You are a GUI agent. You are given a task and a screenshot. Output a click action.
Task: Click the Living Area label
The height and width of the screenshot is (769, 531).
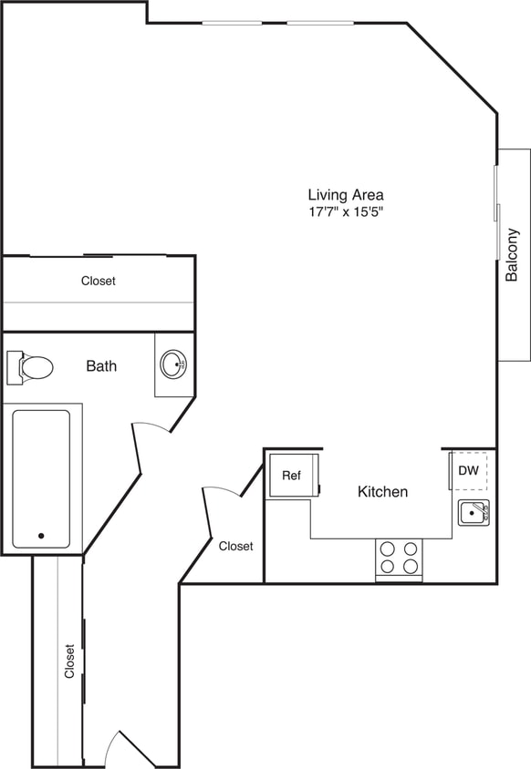[x=345, y=194]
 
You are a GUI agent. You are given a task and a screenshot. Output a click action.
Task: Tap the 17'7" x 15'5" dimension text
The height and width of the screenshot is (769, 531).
[x=345, y=212]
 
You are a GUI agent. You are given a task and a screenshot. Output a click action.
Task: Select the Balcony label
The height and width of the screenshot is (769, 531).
[x=513, y=254]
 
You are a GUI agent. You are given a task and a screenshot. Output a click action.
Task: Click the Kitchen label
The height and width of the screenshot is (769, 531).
[x=382, y=492]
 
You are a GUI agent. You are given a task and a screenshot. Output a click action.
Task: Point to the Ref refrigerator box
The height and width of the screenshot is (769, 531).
[x=292, y=476]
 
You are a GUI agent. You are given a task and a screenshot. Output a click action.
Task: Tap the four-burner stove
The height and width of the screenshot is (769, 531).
[x=399, y=558]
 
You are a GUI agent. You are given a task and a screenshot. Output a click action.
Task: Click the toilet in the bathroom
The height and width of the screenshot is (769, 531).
[x=31, y=367]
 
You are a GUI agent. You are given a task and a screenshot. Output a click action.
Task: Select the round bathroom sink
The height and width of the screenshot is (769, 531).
[x=173, y=365]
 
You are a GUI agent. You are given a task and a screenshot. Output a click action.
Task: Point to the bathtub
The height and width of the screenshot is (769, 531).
[x=41, y=478]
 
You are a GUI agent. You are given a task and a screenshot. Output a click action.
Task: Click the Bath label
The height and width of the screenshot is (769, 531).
[x=101, y=366]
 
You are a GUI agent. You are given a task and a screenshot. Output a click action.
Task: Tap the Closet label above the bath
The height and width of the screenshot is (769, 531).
[x=99, y=282]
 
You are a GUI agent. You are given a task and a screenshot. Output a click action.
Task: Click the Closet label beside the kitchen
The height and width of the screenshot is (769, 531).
[x=236, y=546]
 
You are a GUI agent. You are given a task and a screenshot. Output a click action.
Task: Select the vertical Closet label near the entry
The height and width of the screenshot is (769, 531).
[x=69, y=661]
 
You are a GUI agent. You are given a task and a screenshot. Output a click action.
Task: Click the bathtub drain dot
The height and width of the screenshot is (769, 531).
[x=41, y=536]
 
